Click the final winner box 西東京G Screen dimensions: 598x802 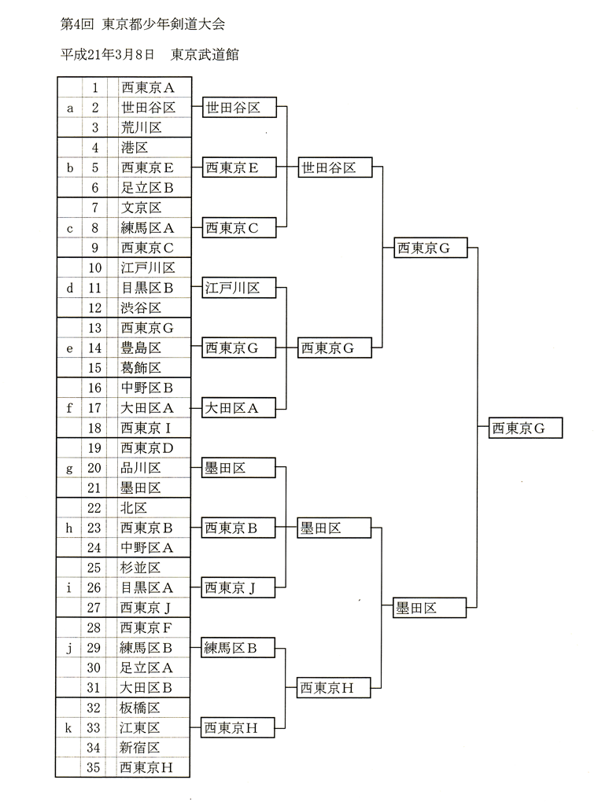click(x=526, y=428)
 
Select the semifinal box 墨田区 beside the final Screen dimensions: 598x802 click(x=430, y=608)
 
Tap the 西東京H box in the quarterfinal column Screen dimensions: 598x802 click(x=334, y=688)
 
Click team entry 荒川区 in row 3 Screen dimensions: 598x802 click(x=142, y=127)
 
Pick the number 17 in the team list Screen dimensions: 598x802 click(x=94, y=407)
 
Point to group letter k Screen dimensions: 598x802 click(x=68, y=727)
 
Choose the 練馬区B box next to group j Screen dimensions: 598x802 click(x=238, y=648)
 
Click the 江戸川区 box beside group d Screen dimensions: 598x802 click(x=239, y=288)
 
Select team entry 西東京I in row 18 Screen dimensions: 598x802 click(x=146, y=428)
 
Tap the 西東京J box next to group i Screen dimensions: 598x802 click(x=238, y=587)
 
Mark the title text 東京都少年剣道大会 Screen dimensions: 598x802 click(x=164, y=24)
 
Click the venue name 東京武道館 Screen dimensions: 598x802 click(x=205, y=54)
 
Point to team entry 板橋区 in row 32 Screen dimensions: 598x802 click(x=140, y=708)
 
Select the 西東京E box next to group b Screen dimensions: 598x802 click(x=239, y=167)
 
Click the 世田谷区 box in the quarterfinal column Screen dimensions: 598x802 click(x=335, y=167)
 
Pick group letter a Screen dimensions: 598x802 click(x=70, y=108)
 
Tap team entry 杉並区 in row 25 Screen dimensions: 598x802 click(x=140, y=567)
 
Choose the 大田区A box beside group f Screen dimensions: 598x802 click(x=238, y=407)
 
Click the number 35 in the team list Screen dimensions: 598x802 click(x=93, y=767)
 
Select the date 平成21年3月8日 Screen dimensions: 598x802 click(x=108, y=54)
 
